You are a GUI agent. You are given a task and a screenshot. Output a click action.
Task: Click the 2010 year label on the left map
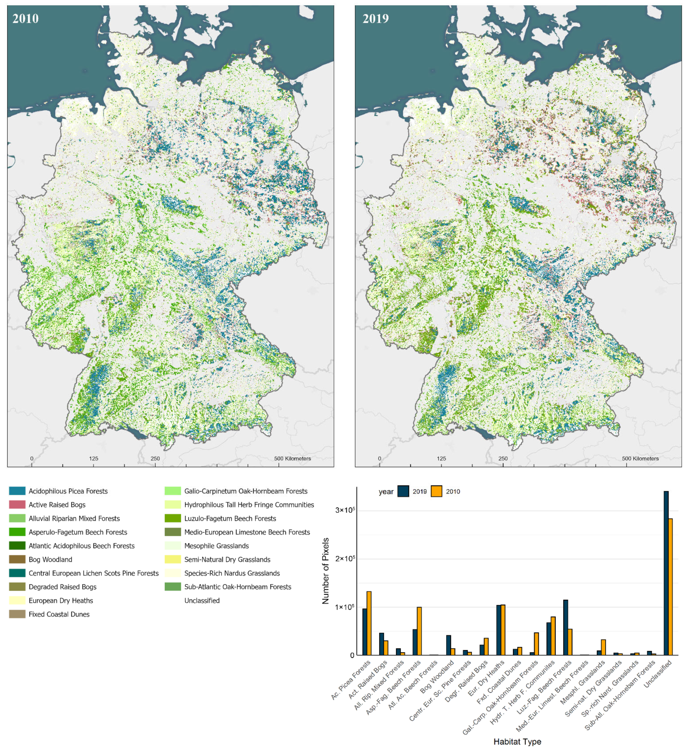[x=25, y=18]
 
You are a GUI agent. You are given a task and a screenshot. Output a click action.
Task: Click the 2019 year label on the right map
[x=375, y=18]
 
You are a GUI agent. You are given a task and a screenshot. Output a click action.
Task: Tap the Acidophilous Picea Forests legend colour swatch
[x=17, y=491]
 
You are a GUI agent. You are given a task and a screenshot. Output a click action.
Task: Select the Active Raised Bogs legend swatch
[x=17, y=505]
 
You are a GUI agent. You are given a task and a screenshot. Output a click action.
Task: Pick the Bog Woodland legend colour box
[x=17, y=559]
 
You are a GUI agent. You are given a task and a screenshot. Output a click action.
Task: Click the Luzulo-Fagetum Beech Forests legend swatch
[x=173, y=518]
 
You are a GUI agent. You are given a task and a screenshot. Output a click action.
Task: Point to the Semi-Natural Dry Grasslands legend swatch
[x=173, y=559]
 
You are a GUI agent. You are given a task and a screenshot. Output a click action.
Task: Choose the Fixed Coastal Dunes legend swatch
[x=17, y=614]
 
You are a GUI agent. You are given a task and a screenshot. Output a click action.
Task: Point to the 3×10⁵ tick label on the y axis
[x=345, y=510]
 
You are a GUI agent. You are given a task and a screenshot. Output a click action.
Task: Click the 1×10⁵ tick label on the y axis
[x=345, y=607]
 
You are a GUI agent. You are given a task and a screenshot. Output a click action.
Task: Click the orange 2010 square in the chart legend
[x=436, y=491]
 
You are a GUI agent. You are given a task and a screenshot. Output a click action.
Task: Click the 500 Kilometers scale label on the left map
[x=292, y=458]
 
